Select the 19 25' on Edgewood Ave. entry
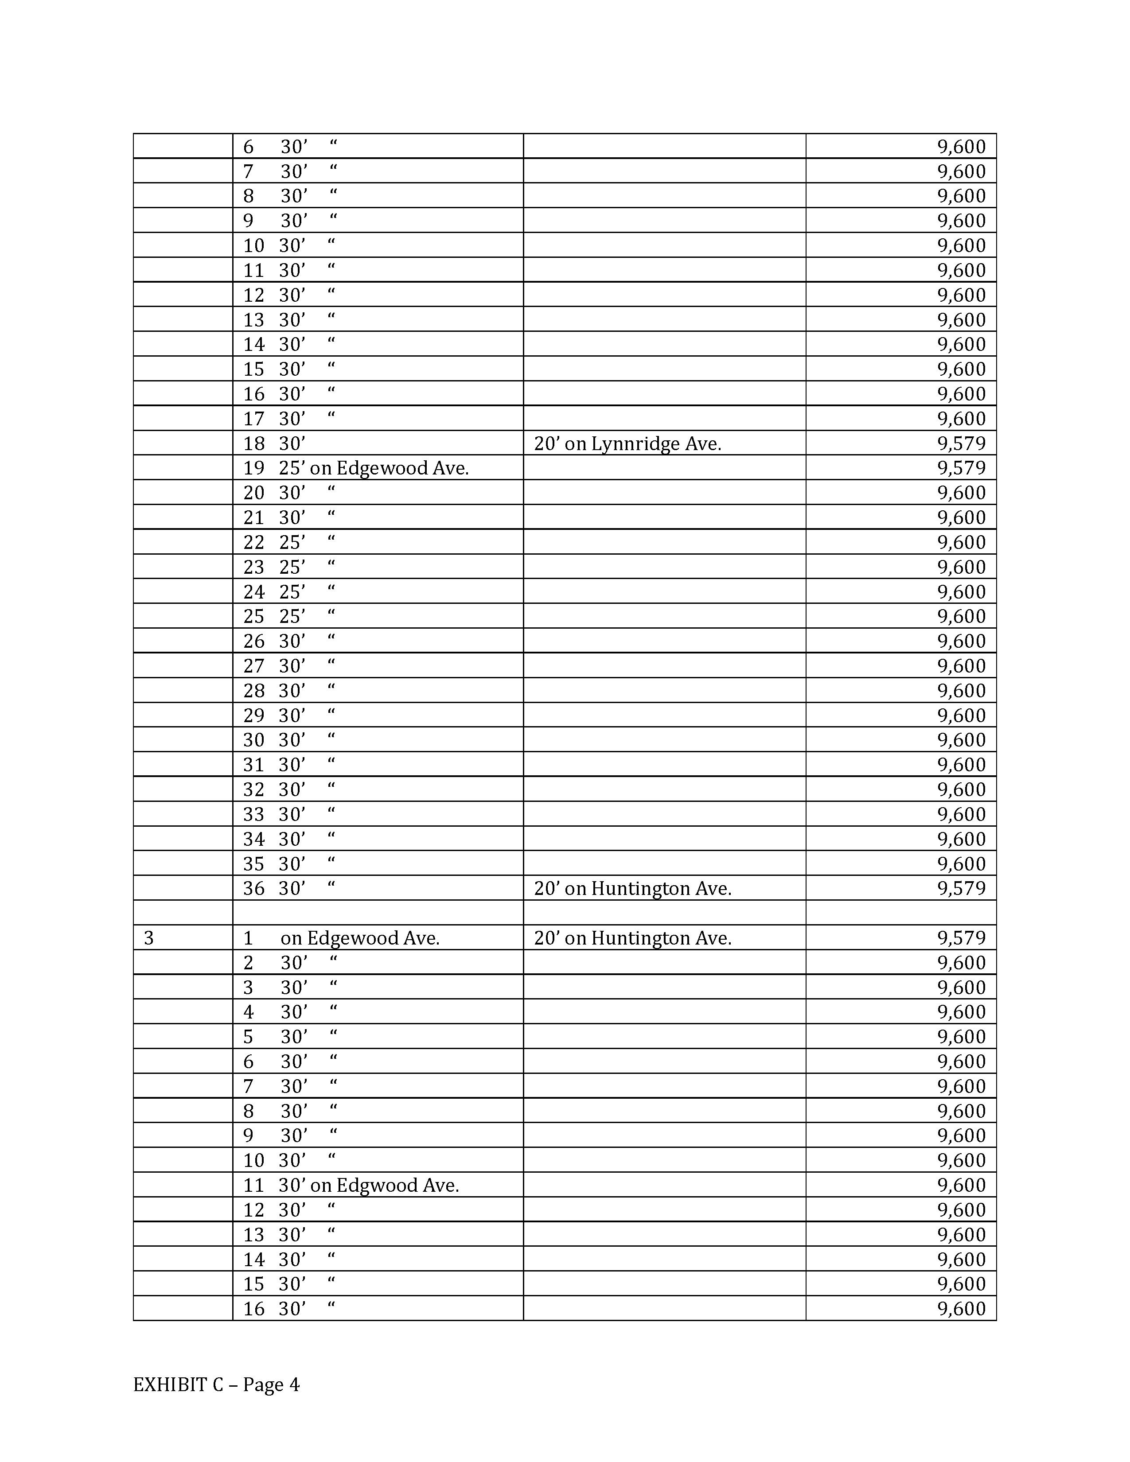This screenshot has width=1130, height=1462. [x=355, y=468]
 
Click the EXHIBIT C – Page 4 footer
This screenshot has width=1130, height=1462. [x=216, y=1384]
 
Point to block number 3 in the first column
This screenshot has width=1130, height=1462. [x=148, y=938]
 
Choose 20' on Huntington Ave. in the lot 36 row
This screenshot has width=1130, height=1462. [x=633, y=888]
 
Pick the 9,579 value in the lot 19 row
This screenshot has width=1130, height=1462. [x=961, y=468]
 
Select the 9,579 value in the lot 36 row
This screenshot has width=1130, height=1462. [x=961, y=888]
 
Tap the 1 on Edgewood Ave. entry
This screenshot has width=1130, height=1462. [x=341, y=938]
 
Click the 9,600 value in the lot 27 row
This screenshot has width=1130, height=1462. [x=961, y=666]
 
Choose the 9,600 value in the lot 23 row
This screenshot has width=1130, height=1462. [x=961, y=567]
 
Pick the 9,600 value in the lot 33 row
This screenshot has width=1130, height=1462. [x=961, y=814]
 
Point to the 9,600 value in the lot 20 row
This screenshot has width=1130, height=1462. [x=961, y=493]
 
